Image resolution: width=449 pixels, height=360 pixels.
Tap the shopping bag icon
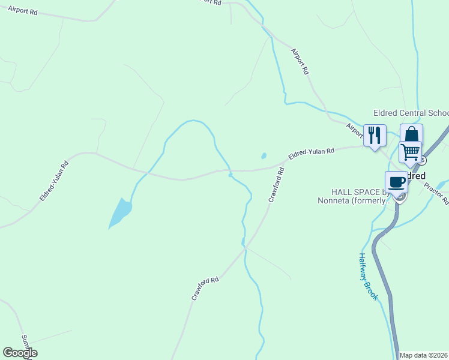click(411, 134)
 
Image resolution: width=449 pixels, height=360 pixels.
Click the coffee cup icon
click(396, 181)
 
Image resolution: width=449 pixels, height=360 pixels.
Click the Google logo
click(20, 353)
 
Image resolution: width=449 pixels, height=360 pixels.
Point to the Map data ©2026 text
click(424, 355)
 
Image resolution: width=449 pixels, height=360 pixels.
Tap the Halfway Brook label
click(368, 275)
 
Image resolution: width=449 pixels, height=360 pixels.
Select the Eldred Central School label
click(411, 113)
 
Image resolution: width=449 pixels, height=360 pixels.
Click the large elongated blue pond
click(120, 212)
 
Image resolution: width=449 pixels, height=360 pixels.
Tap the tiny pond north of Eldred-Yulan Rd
click(264, 156)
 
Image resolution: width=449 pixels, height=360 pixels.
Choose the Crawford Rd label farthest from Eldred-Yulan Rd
click(205, 288)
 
